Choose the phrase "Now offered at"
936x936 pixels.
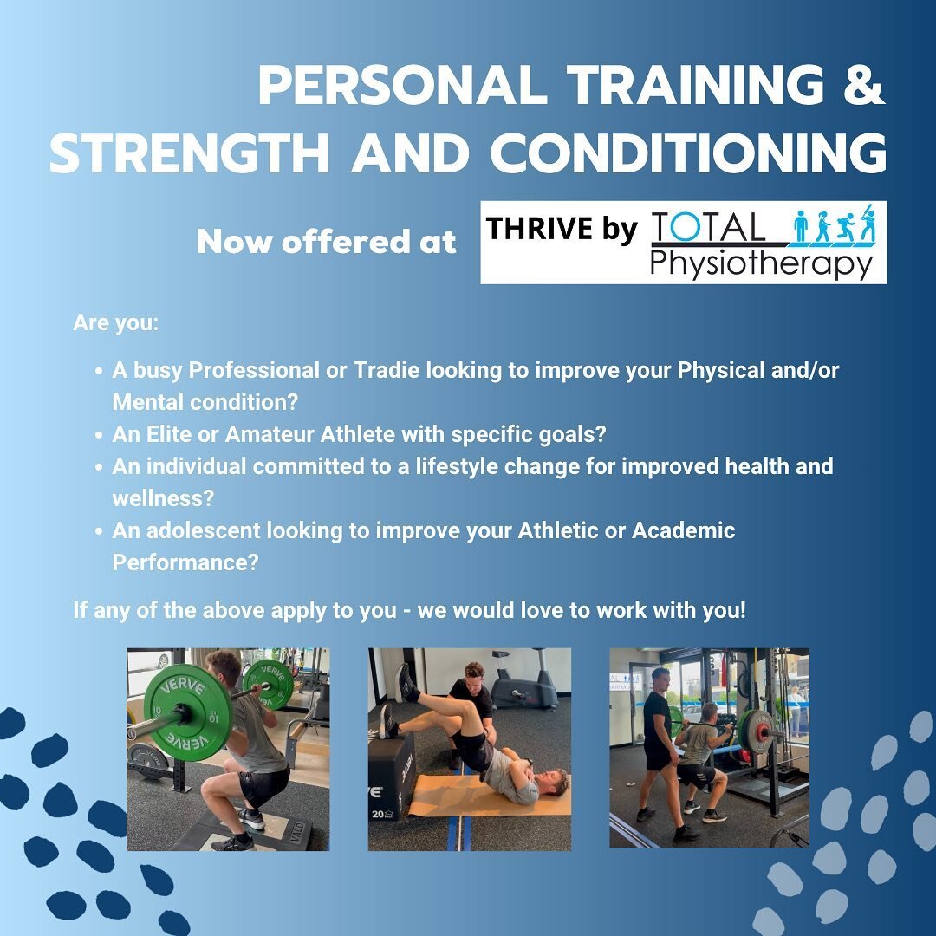click(326, 243)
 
